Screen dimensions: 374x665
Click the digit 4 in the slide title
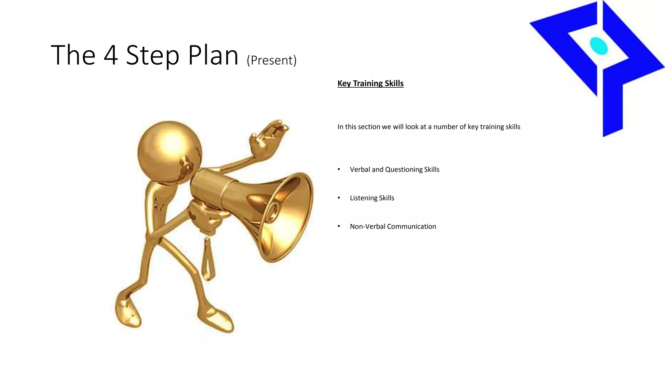coord(111,56)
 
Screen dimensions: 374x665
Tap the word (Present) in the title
coord(271,60)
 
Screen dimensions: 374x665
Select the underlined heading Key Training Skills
coord(370,83)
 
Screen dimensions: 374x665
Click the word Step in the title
coord(152,56)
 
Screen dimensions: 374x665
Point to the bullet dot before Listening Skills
coord(339,198)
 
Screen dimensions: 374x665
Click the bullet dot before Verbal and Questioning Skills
coord(339,169)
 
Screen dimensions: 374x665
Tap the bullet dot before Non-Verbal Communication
coord(339,226)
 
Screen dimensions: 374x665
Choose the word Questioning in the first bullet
coord(404,169)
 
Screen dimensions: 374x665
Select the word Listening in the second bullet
coord(363,198)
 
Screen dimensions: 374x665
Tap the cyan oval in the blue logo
coord(598,46)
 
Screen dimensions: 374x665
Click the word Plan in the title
coord(213,56)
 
